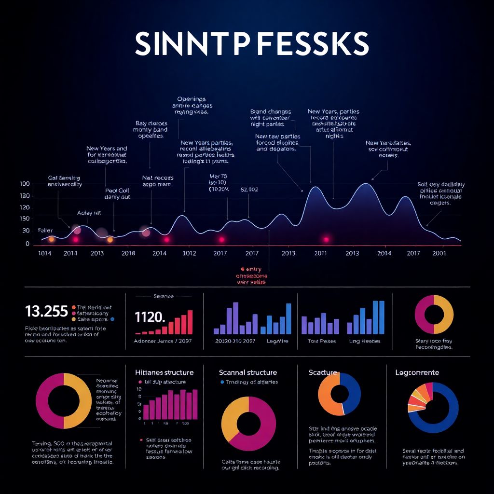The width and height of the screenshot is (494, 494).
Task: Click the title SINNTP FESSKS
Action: point(252,44)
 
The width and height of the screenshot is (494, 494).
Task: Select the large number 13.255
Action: point(46,311)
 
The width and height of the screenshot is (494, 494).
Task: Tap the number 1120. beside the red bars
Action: point(150,317)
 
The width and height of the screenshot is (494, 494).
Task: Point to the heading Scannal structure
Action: point(248,372)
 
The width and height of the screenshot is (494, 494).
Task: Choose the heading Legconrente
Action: point(417,372)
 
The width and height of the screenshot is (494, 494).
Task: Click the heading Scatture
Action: point(323,372)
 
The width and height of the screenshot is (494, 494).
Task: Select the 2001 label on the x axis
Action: point(439,253)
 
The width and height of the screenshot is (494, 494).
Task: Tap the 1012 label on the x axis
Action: point(189,253)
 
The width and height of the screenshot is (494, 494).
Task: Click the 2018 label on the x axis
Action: point(128,253)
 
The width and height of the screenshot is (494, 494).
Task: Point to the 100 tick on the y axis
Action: point(25,184)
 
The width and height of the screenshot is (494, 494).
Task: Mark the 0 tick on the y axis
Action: point(27,244)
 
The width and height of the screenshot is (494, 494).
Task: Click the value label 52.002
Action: point(249,190)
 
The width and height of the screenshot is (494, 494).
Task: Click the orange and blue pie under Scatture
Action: point(340,394)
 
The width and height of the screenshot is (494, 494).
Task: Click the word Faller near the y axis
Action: point(45,231)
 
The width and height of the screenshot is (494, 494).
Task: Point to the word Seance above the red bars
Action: point(163,296)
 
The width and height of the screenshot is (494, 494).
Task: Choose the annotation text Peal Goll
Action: point(117,191)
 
